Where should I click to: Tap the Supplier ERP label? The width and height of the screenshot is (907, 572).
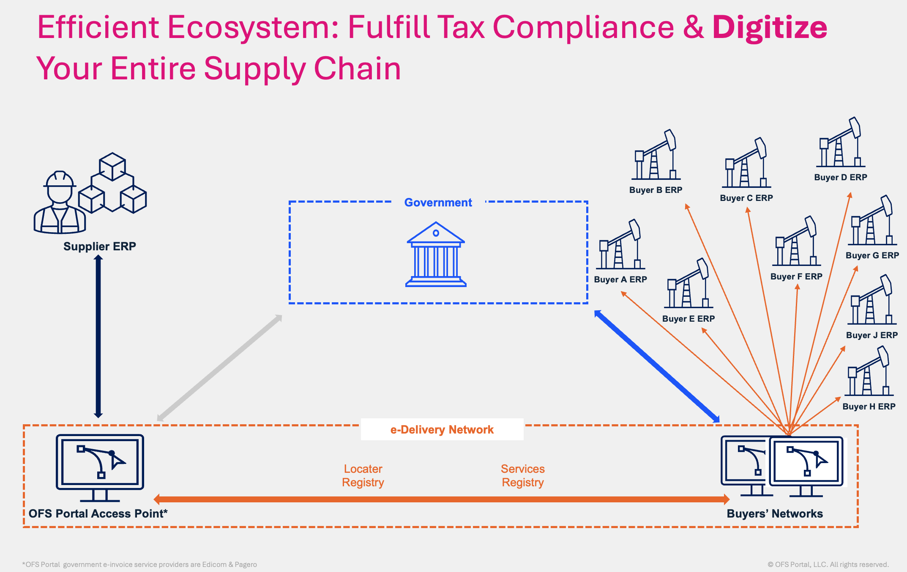click(100, 247)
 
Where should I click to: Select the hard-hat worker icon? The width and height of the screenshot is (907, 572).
click(60, 203)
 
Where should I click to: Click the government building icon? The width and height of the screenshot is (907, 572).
click(436, 255)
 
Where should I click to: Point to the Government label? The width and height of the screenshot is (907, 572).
click(438, 203)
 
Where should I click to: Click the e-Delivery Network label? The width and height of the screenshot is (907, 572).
click(442, 430)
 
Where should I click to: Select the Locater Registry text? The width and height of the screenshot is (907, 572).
click(363, 476)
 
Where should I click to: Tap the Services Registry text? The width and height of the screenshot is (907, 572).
click(523, 476)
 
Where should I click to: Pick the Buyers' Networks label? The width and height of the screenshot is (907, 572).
click(775, 514)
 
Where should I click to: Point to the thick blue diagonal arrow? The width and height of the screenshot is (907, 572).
click(657, 366)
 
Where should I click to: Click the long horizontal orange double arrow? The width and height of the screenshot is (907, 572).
click(442, 499)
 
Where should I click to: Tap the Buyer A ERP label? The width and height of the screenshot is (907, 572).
click(620, 279)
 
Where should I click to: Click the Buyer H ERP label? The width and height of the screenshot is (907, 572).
click(869, 407)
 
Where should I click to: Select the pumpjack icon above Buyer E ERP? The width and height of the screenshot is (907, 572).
click(688, 284)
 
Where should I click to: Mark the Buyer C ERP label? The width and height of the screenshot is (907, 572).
click(746, 198)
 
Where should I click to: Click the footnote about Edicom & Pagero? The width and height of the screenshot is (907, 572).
click(139, 565)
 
